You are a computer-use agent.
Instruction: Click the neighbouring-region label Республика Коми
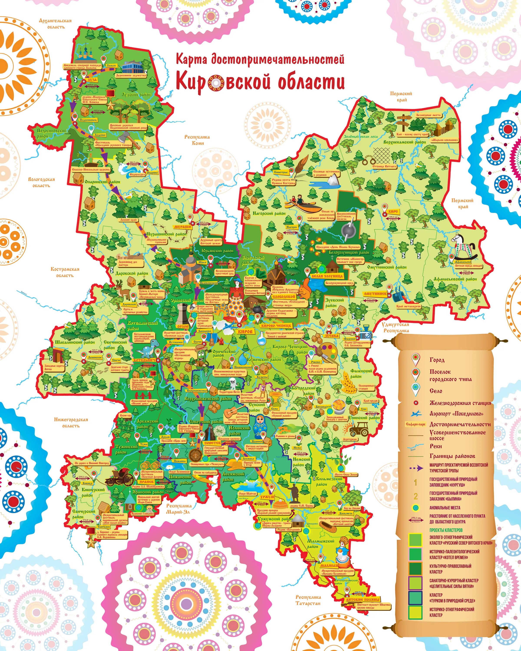pyautogui.click(x=197, y=140)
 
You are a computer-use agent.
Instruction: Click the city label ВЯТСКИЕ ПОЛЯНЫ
pyautogui.click(x=363, y=599)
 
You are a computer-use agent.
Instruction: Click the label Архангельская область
pyautogui.click(x=55, y=24)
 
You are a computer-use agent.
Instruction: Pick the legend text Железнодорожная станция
pyautogui.click(x=460, y=403)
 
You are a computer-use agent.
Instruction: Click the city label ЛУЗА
pyautogui.click(x=92, y=80)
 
